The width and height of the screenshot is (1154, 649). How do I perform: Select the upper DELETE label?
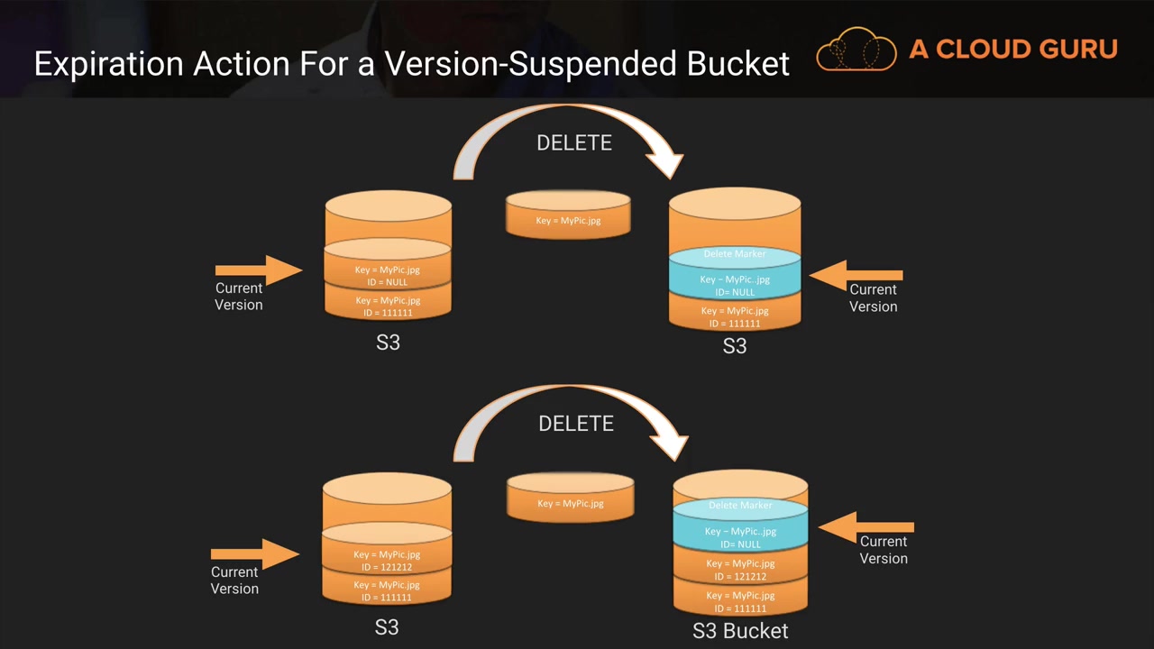[x=573, y=143]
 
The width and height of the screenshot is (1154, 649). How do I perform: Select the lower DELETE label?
[x=575, y=424]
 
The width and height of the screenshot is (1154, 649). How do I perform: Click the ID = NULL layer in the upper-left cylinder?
[x=388, y=275]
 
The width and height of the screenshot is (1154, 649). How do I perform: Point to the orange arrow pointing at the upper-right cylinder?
[x=856, y=276]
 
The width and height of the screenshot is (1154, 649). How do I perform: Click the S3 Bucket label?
[x=740, y=631]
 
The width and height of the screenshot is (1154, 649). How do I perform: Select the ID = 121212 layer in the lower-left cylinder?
[x=387, y=560]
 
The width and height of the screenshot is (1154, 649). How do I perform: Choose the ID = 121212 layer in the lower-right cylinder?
[x=740, y=570]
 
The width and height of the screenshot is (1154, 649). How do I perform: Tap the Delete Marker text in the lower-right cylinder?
[x=740, y=506]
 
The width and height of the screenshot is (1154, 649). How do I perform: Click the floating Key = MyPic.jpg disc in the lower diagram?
[x=570, y=501]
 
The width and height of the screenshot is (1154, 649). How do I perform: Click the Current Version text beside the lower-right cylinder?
[x=884, y=550]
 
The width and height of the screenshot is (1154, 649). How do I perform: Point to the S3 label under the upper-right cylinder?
[x=735, y=346]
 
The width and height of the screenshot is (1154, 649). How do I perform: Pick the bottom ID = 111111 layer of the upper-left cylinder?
[x=388, y=306]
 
